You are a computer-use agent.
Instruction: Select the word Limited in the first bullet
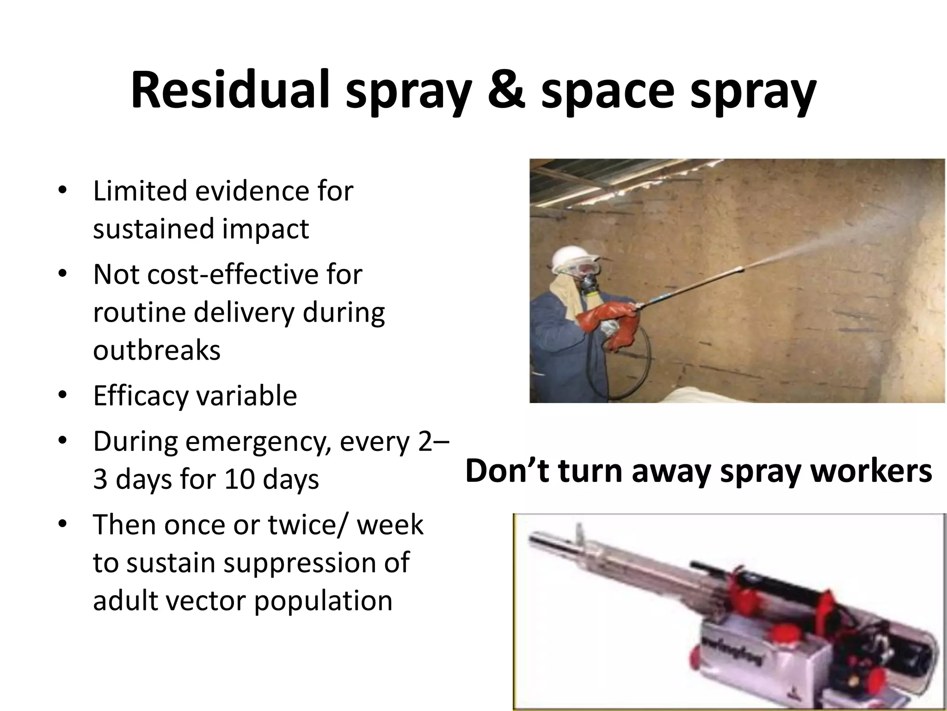point(140,191)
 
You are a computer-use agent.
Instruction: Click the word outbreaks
point(157,350)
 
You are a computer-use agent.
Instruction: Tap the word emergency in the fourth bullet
point(258,443)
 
